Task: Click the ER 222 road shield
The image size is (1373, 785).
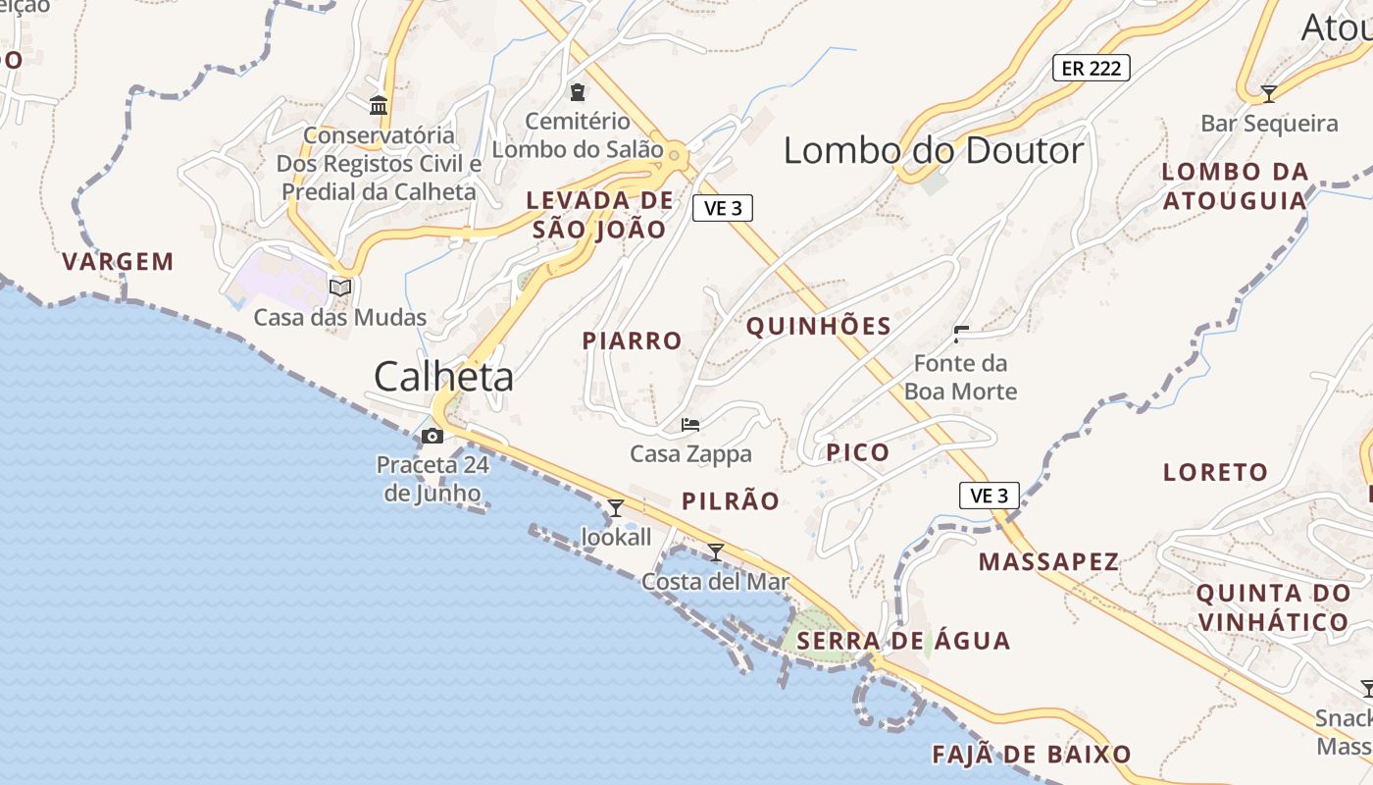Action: [1092, 68]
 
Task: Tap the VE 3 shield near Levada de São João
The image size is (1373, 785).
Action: [723, 208]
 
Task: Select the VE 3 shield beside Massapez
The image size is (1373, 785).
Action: [990, 496]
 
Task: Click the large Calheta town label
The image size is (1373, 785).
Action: [443, 377]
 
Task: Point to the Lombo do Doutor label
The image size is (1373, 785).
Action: [934, 150]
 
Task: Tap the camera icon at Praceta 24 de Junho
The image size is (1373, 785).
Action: [432, 436]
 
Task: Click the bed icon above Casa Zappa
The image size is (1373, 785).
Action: [690, 425]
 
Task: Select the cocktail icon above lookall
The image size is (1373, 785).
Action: [616, 507]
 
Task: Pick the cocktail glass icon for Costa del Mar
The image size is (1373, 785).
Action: [716, 552]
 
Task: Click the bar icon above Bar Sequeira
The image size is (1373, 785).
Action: [1268, 94]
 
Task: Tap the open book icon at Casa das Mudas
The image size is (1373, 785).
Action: [340, 288]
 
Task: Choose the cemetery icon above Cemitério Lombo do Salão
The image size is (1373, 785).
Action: [578, 92]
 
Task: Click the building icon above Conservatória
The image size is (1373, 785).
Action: [379, 105]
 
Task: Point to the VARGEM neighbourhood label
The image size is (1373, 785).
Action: [118, 262]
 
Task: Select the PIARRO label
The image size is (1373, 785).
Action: [632, 341]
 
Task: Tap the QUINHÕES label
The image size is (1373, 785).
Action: [819, 327]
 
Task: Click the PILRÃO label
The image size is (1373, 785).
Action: [731, 501]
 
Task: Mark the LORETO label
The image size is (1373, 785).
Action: [1215, 472]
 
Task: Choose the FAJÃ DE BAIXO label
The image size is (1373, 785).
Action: [1032, 755]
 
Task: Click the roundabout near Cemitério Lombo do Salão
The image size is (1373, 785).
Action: [675, 154]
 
